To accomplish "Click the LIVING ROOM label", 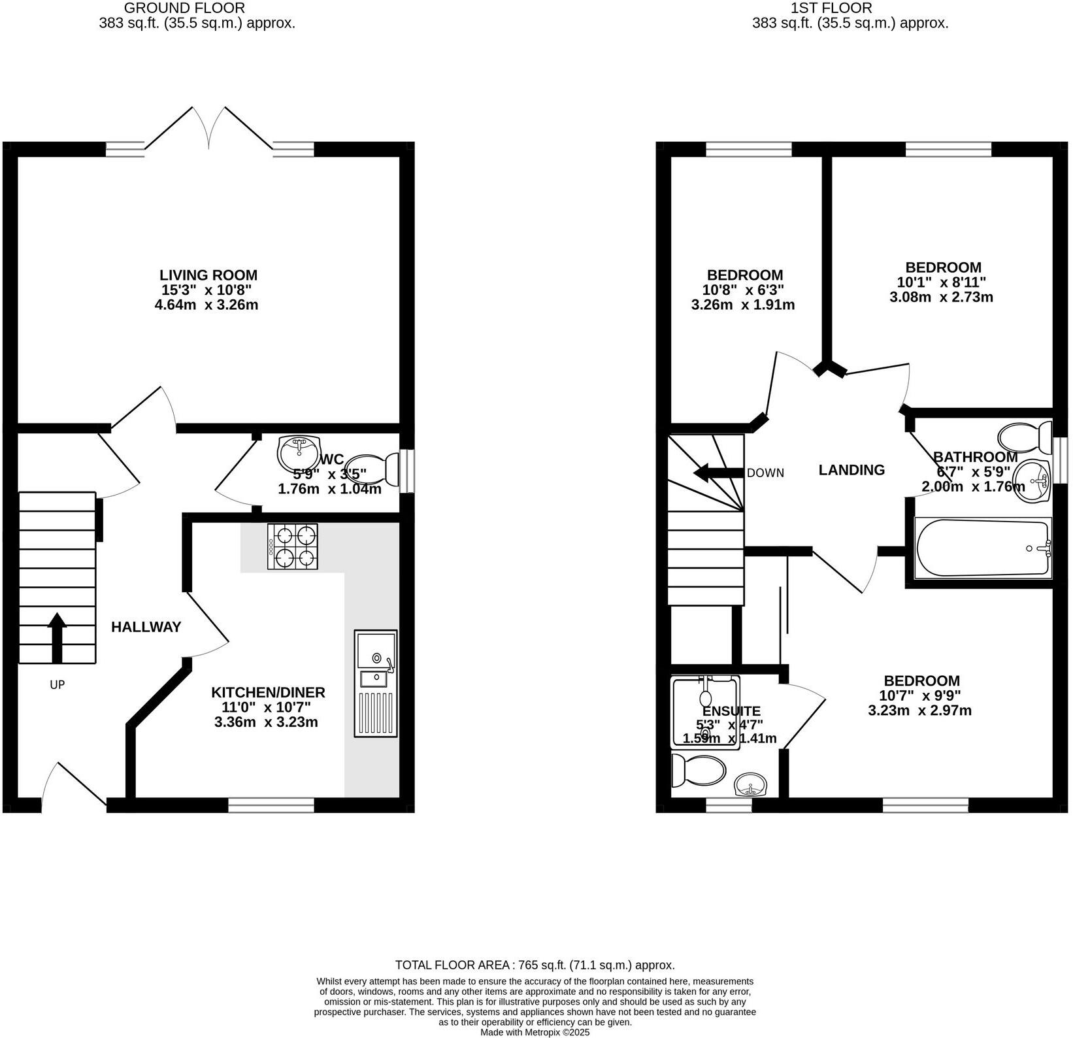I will pos(208,275).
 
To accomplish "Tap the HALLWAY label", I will pos(146,627).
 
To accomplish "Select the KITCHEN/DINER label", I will pos(268,692).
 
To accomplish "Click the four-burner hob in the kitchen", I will pos(292,546).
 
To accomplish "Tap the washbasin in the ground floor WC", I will pos(297,452).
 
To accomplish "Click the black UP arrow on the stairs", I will pos(57,637).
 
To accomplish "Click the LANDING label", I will pos(851,470).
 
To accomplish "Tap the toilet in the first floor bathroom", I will pos(1023,436).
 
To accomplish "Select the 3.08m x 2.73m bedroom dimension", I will pos(941,297).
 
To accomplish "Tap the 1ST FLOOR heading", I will pos(831,8).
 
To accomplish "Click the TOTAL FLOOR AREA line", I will pos(535,965).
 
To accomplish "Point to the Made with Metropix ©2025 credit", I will pos(535,1032).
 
